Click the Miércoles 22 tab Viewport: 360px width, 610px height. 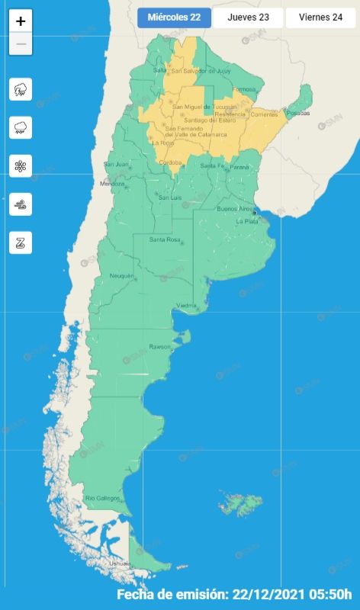click(x=174, y=18)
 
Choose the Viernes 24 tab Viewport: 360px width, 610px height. click(x=320, y=18)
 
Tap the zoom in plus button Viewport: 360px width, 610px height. click(x=21, y=21)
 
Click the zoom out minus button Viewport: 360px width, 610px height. click(x=21, y=44)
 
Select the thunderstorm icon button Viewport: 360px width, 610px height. click(x=21, y=89)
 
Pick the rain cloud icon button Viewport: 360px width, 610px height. click(x=21, y=127)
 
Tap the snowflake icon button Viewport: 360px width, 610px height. click(x=21, y=165)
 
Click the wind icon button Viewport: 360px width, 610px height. click(x=21, y=204)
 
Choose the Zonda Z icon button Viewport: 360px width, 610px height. click(x=21, y=242)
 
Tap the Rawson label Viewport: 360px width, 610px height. click(x=159, y=346)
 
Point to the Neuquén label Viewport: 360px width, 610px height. click(x=122, y=275)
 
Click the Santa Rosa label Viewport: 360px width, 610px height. click(x=164, y=240)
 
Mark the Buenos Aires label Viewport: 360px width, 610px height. click(x=234, y=208)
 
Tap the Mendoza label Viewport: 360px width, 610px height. click(x=111, y=184)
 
